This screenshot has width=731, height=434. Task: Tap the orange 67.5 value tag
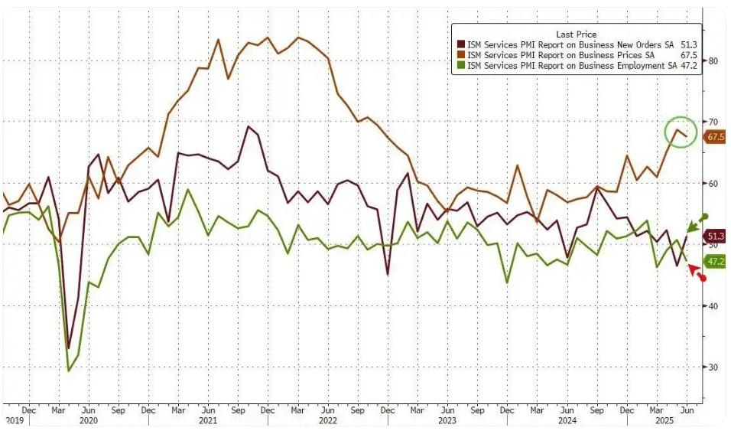point(716,137)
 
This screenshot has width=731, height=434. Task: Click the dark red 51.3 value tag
point(716,237)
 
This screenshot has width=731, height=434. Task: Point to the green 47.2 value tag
point(716,262)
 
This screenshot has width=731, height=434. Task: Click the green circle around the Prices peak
point(681,132)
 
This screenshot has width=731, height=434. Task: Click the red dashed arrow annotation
point(697,272)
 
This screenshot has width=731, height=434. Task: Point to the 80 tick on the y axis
point(713,60)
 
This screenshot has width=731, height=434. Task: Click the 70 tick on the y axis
point(713,122)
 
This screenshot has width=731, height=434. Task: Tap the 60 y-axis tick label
point(713,184)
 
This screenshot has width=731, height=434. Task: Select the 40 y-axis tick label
point(713,306)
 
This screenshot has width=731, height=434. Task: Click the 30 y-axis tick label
point(713,367)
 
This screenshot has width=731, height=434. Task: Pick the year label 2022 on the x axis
point(327,420)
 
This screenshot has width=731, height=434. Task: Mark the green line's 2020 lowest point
point(69,371)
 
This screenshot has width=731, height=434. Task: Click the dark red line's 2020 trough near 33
point(69,348)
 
